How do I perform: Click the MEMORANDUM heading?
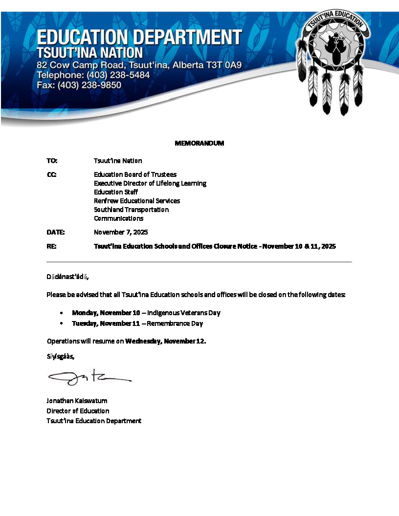pos(199,143)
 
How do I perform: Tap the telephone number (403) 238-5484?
pos(118,75)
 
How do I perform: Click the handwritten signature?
pos(89,377)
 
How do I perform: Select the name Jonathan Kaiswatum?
pos(77,401)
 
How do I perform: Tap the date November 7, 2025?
pos(121,232)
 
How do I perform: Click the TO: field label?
pos(52,160)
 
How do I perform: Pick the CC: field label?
pos(51,174)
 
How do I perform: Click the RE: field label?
pos(51,246)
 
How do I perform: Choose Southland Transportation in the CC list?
pos(131,210)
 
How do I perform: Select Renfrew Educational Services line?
pos(137,201)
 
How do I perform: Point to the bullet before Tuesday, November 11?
pos(61,323)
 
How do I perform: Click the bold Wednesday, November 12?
pos(165,341)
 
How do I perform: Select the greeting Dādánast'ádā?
pos(67,277)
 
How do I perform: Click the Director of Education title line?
pos(78,411)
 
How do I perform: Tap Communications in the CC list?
pos(118,218)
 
